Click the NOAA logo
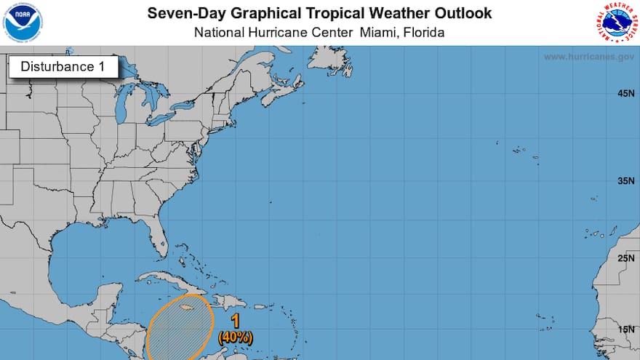[23, 22]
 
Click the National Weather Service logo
[616, 23]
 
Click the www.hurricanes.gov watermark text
[588, 57]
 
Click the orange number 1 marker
[235, 321]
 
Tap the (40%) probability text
[235, 337]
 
